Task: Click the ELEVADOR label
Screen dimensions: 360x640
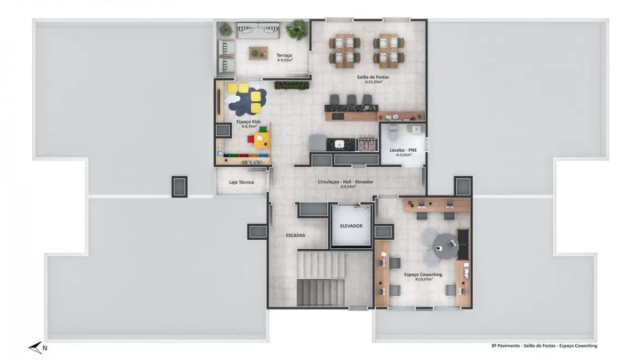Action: pos(351,226)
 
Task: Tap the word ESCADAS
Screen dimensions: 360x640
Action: pos(295,235)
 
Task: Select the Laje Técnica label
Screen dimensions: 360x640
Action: pos(241,182)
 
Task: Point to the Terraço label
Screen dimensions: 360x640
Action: pos(285,55)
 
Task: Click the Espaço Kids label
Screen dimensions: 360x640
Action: pos(248,121)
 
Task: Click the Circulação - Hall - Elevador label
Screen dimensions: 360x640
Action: pos(345,182)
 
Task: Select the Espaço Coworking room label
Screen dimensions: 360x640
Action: pos(423,274)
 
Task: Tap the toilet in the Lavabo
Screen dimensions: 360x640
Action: pos(393,132)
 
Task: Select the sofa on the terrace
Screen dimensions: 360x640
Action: pos(258,30)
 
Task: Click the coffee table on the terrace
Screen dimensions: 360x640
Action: pos(257,53)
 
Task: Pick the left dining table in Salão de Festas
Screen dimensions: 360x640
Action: pos(344,49)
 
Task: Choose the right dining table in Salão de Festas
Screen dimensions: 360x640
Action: pos(388,49)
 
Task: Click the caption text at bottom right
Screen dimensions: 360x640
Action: pos(544,346)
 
